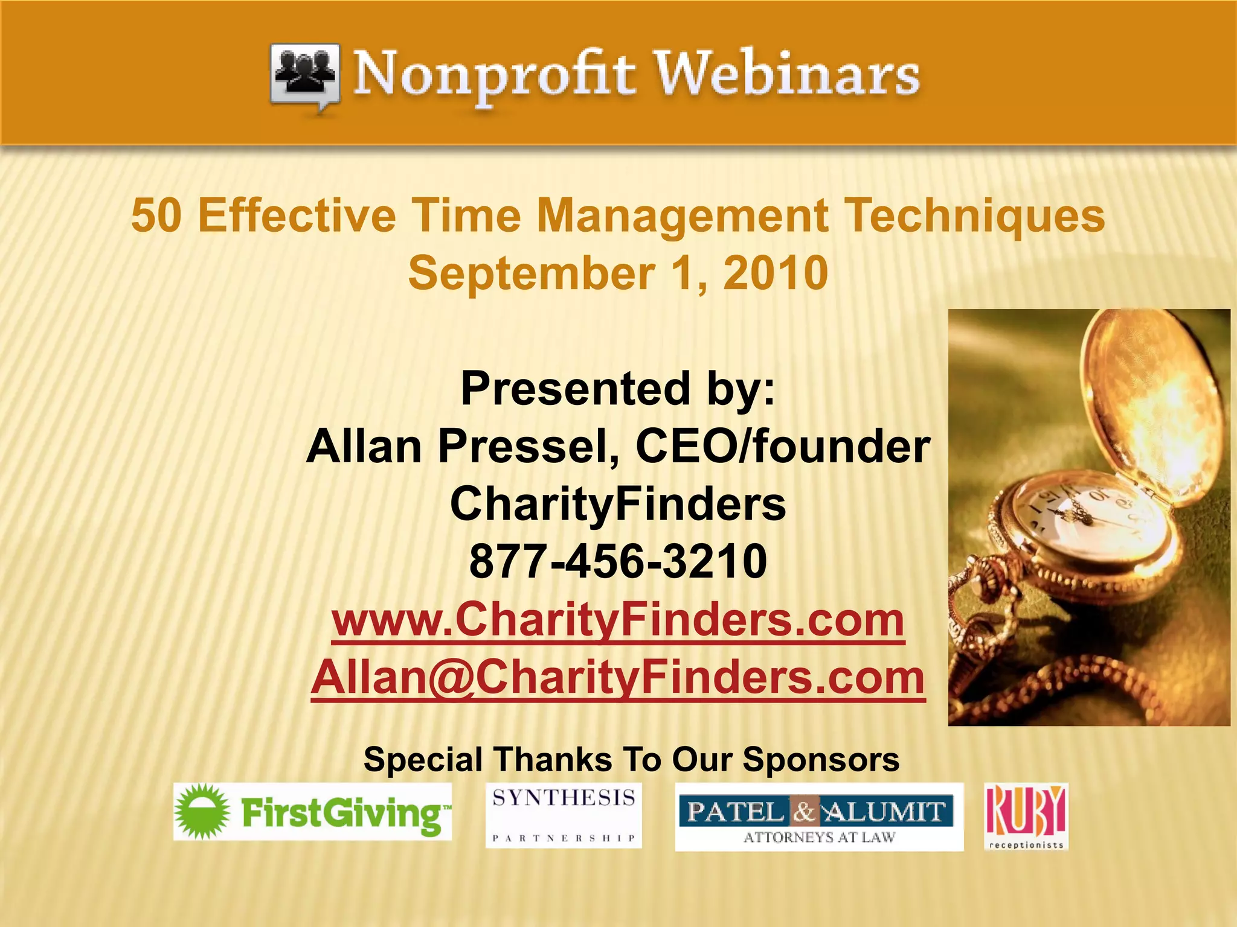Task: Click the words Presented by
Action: (x=617, y=389)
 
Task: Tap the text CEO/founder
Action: (x=783, y=447)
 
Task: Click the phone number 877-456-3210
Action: (x=618, y=561)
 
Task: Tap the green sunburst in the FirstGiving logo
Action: (x=202, y=812)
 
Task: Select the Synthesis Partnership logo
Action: (x=564, y=815)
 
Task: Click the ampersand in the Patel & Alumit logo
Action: (x=803, y=812)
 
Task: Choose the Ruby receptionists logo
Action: (x=1026, y=816)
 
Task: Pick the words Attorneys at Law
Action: (x=818, y=838)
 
